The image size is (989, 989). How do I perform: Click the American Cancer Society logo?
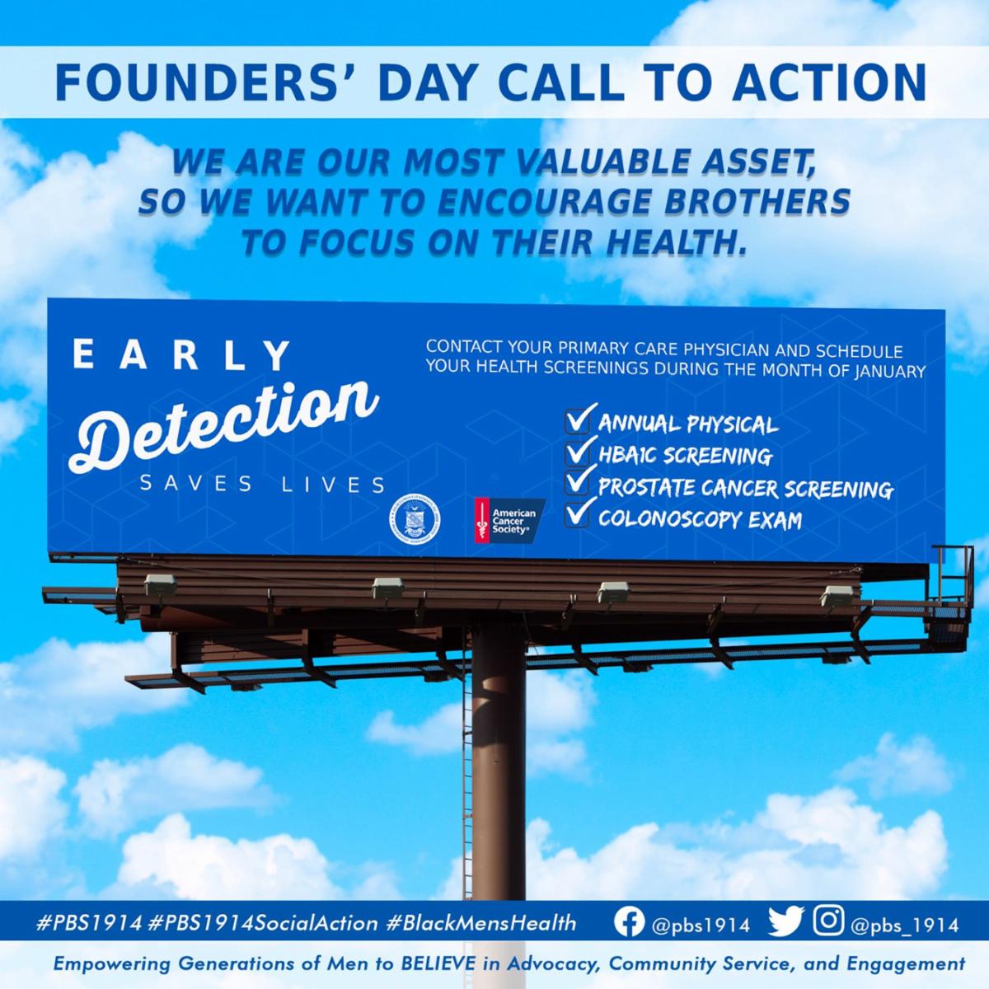(509, 520)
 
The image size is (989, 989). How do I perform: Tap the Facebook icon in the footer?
(629, 922)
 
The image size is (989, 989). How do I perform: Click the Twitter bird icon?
(785, 921)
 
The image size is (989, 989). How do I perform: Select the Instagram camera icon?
(828, 920)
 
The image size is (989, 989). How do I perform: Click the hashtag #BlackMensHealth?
(480, 923)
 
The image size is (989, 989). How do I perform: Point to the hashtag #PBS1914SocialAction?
(262, 923)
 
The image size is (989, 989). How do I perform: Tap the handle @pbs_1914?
(904, 925)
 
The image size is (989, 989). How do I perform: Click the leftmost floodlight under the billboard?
(160, 584)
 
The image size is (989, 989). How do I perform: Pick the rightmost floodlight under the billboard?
(836, 595)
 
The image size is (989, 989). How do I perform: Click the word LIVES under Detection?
(333, 484)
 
